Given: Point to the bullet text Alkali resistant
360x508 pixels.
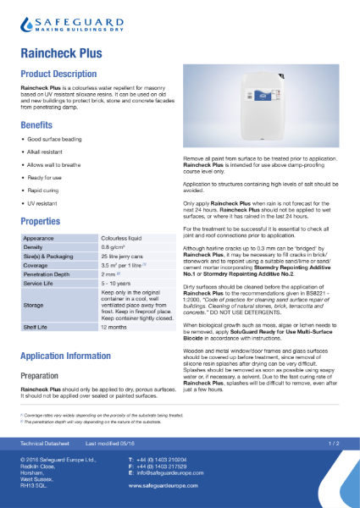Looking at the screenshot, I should coord(47,149).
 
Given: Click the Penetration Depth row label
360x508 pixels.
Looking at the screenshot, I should coord(48,276).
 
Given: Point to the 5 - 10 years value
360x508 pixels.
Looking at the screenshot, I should coord(116,285).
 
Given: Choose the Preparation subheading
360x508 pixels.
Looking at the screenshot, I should coord(42,374).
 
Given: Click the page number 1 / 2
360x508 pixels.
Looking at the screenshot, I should coord(334,442).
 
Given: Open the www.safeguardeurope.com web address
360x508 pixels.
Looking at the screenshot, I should coord(169,487).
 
